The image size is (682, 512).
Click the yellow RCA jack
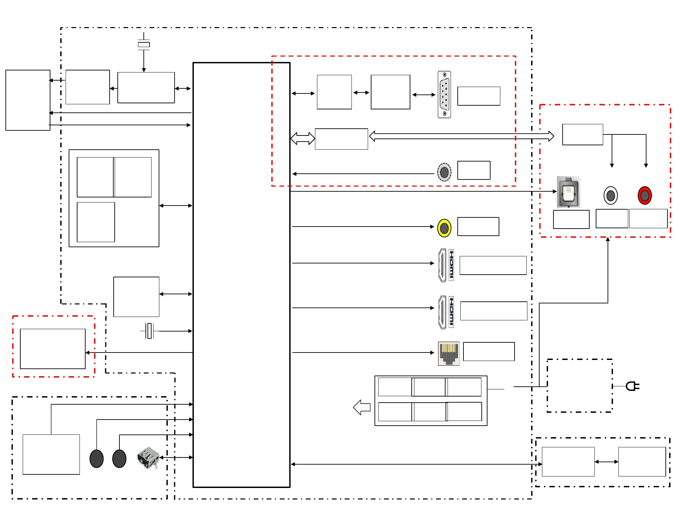click(x=444, y=228)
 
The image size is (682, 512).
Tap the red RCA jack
click(x=644, y=195)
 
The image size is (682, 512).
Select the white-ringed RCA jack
click(x=611, y=195)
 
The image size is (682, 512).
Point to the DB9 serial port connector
click(x=444, y=94)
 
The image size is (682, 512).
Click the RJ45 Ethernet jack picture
click(x=449, y=354)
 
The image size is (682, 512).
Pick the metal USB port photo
click(x=148, y=458)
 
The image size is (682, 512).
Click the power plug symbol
click(x=632, y=386)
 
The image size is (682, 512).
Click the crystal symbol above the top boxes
click(x=144, y=44)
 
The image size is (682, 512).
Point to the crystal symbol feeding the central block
click(x=149, y=331)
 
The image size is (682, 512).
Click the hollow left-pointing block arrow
click(x=362, y=407)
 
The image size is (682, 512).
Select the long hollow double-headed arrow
click(x=461, y=136)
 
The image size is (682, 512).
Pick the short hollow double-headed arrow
click(x=302, y=138)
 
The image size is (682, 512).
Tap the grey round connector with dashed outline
click(x=444, y=172)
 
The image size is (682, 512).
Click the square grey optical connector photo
click(x=568, y=192)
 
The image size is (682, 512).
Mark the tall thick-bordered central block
click(x=241, y=275)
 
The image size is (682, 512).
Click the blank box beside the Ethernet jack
click(x=488, y=351)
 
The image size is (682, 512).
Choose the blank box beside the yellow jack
click(x=478, y=227)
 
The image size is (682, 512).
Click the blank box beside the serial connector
click(x=478, y=96)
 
